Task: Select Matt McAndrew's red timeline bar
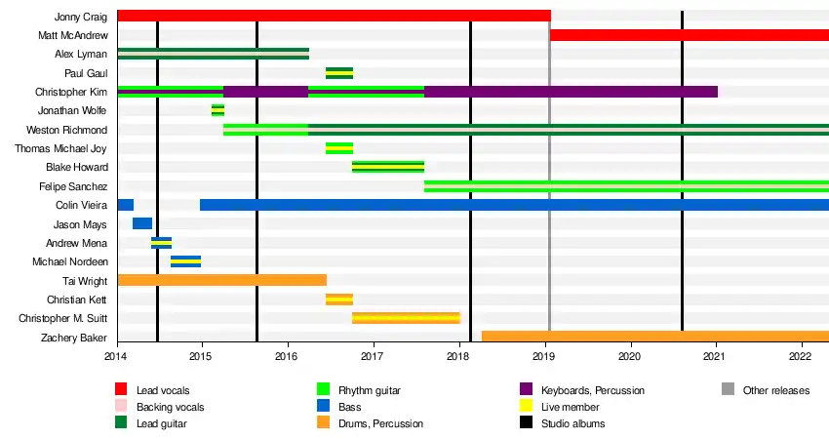(x=689, y=35)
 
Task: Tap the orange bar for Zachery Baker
(x=654, y=337)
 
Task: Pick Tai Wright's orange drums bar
(x=221, y=280)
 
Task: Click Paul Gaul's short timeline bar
(x=339, y=73)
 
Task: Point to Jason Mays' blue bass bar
(x=142, y=223)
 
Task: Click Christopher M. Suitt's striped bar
(x=406, y=318)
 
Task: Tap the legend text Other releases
(x=776, y=390)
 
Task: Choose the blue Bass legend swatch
(x=323, y=407)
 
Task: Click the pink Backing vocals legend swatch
(x=122, y=407)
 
